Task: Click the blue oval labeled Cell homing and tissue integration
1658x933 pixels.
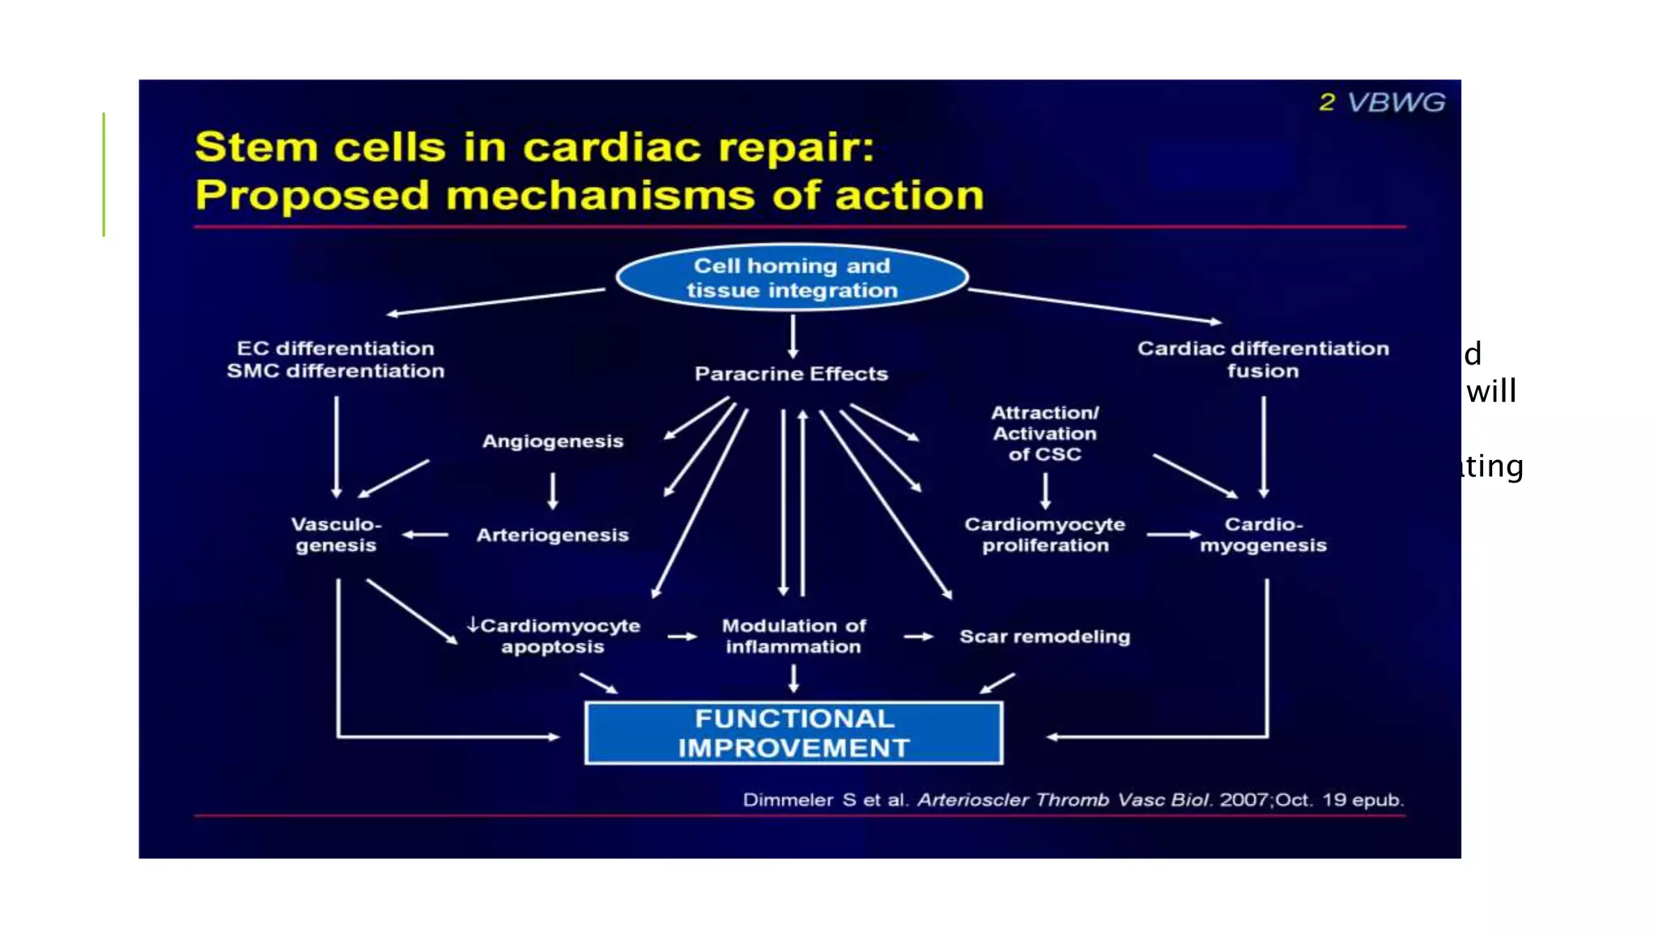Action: [x=792, y=278]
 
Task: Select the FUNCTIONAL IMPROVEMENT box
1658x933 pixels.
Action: [x=793, y=733]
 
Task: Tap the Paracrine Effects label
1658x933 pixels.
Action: [x=791, y=373]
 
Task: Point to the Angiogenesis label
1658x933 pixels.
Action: [x=553, y=441]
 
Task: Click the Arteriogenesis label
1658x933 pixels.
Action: [x=552, y=535]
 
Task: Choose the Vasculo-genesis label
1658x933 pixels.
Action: [x=336, y=535]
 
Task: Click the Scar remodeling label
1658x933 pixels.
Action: [x=1044, y=637]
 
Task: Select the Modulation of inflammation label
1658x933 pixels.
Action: [x=793, y=637]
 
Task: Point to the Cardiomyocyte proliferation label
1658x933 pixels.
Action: [x=1044, y=535]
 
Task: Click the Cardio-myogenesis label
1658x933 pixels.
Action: [x=1263, y=535]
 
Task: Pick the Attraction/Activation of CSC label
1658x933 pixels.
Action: [x=1044, y=433]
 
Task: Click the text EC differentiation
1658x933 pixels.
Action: [x=335, y=348]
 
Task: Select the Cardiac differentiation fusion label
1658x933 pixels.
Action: [x=1263, y=360]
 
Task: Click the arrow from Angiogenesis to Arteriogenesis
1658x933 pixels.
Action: [x=553, y=491]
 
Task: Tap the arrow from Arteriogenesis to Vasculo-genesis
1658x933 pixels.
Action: [x=426, y=535]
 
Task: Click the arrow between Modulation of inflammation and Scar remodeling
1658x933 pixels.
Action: [x=918, y=637]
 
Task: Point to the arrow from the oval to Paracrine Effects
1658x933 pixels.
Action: [x=793, y=336]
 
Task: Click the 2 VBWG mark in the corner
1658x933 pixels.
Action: [x=1382, y=102]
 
